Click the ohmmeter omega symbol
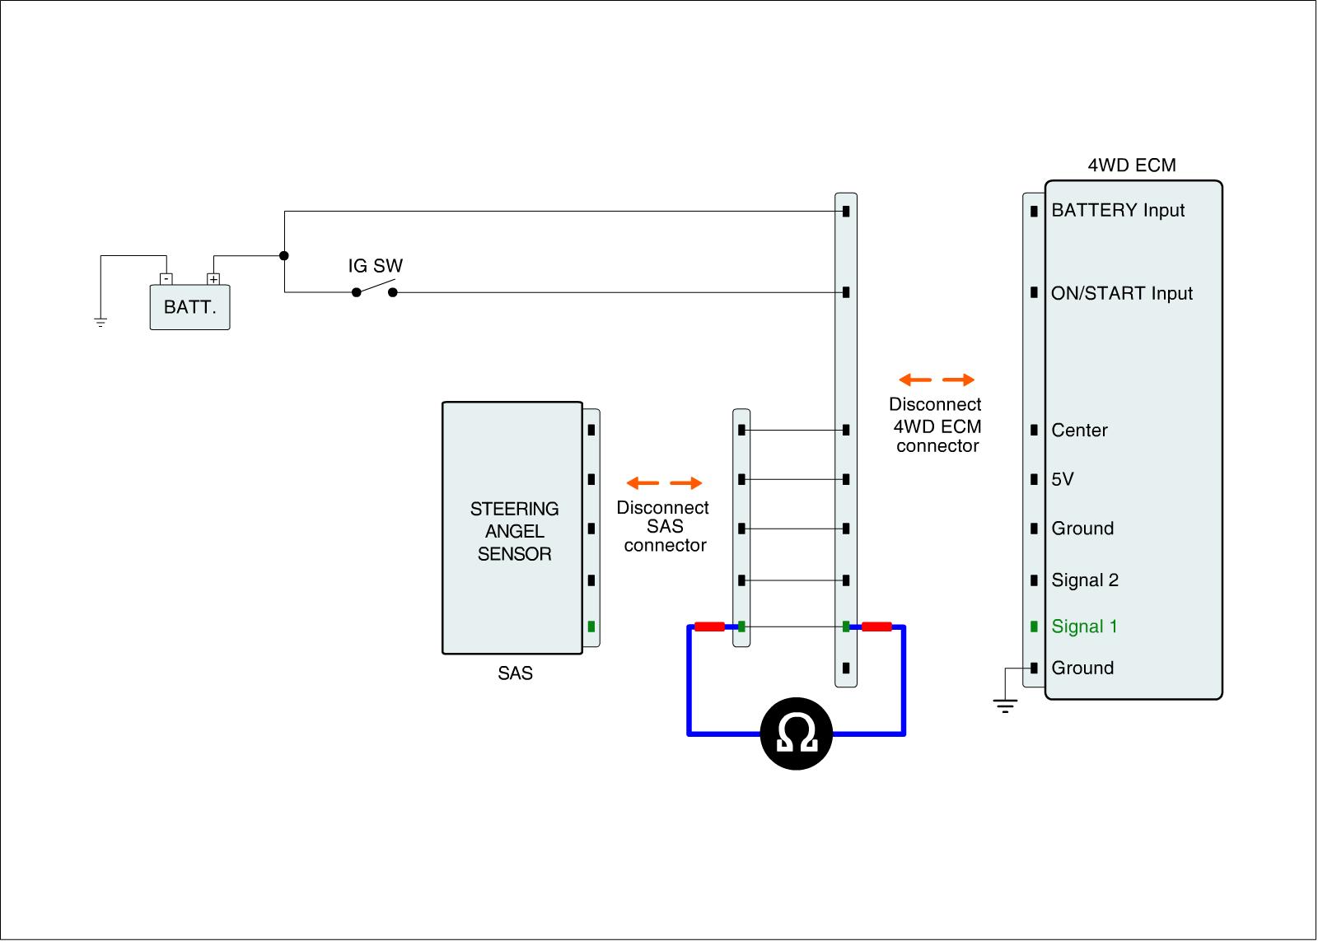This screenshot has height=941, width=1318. tap(797, 734)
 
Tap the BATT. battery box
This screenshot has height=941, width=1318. tap(189, 307)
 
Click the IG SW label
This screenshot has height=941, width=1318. tap(375, 266)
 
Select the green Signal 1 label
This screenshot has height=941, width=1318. tap(1084, 627)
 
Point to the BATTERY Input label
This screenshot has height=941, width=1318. tap(1117, 210)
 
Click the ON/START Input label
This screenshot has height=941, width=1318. tap(1121, 293)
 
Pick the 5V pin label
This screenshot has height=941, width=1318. tap(1062, 479)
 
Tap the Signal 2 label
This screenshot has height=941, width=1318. tap(1084, 580)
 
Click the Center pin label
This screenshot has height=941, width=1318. tap(1079, 430)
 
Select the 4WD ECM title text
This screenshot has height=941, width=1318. tap(1131, 165)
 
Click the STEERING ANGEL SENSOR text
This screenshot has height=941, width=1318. tap(514, 531)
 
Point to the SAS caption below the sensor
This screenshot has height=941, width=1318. tap(515, 673)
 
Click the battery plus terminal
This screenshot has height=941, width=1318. tap(213, 279)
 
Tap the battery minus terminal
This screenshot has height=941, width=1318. tap(166, 279)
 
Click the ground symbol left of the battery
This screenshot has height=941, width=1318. tap(100, 322)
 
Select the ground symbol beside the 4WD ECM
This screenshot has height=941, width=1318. tap(1005, 705)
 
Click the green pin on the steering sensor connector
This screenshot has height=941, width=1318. tap(591, 627)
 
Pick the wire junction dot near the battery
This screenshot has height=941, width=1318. tap(284, 256)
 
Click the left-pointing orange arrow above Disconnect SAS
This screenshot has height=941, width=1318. tap(643, 483)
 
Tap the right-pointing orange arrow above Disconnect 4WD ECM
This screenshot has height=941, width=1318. tap(958, 380)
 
